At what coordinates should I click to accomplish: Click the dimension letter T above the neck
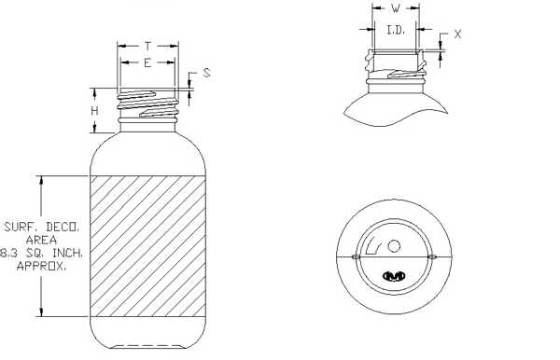point(147,46)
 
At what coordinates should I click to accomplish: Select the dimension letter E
point(147,63)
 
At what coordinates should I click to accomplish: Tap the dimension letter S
point(207,73)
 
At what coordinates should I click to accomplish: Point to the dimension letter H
point(94,111)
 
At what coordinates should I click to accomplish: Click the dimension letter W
point(396,8)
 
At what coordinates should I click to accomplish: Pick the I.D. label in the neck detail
point(396,31)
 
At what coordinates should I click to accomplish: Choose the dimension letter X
point(457,35)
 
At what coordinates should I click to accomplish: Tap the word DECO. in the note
point(63,227)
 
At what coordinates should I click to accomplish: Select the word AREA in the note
point(41,240)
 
